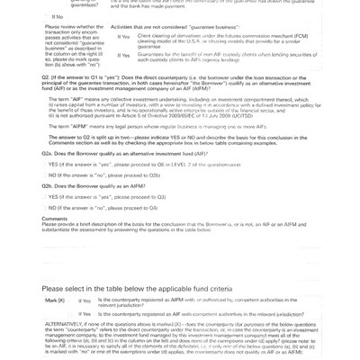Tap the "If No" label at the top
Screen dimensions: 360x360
(x=57, y=16)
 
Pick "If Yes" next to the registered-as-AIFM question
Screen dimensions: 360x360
(x=85, y=300)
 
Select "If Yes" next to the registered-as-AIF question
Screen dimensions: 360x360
(x=85, y=312)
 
